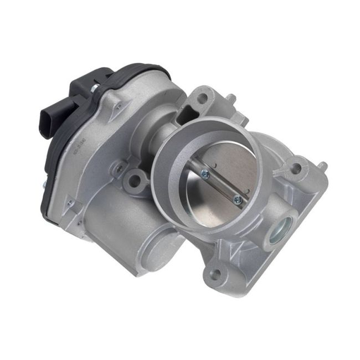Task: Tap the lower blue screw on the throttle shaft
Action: pos(238,197)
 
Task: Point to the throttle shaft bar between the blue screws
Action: pos(222,186)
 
